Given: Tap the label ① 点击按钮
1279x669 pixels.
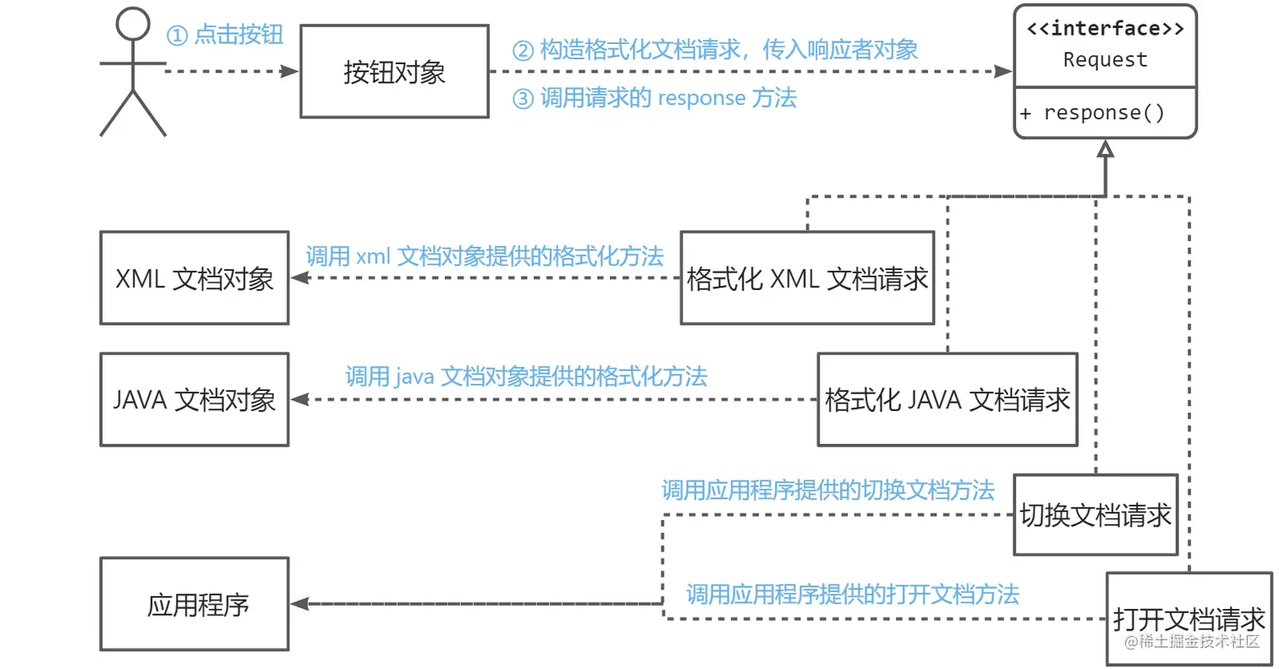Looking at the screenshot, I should (224, 35).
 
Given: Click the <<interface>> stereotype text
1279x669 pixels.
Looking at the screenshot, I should (1105, 29).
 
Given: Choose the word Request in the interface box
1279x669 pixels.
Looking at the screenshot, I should (1105, 60).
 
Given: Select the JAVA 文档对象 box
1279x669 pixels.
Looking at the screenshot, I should (195, 399).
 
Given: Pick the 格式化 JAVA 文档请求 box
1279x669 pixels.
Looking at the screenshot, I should (947, 399).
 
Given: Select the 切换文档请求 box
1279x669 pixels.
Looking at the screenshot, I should (1095, 514).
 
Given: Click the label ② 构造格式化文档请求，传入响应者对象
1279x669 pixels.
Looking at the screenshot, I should (716, 50).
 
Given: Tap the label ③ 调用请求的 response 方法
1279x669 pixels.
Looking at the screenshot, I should (655, 98).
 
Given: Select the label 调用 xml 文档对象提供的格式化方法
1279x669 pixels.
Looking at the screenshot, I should (485, 256).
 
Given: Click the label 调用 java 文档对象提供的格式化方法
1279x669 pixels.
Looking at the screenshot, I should (526, 376).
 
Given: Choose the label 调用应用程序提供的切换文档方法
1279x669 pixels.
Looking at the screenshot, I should (827, 491).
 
